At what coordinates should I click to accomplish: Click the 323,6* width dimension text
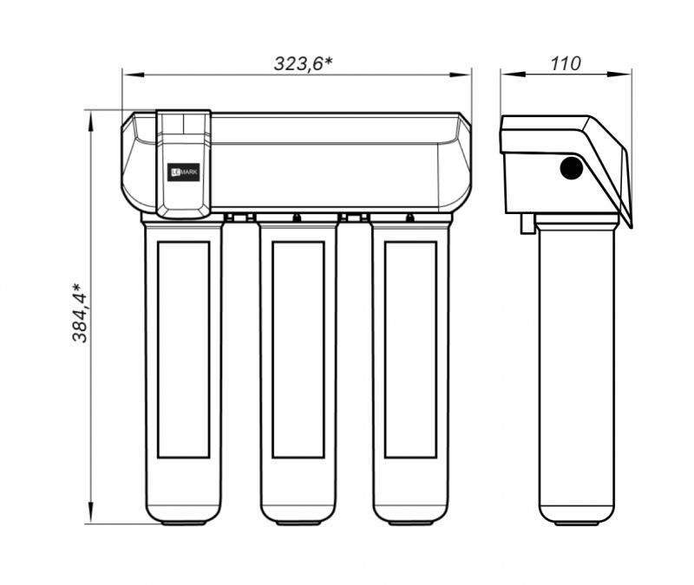pos(303,63)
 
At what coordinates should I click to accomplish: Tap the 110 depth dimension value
pos(566,63)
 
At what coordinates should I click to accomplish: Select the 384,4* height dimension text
pos(81,313)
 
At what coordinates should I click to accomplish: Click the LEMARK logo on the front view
pos(185,172)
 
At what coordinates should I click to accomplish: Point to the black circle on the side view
pos(571,168)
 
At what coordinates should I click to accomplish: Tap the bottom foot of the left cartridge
pos(183,523)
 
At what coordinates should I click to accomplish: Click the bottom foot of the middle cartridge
pos(298,523)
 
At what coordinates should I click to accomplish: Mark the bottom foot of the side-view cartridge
pos(577,523)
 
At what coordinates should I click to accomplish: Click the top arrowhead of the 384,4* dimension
pos(91,121)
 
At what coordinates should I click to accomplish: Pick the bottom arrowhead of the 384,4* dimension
pos(91,513)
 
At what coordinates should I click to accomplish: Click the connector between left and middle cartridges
pos(239,217)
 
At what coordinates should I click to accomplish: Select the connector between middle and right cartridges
pos(354,217)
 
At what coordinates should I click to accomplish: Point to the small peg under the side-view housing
pos(527,223)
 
